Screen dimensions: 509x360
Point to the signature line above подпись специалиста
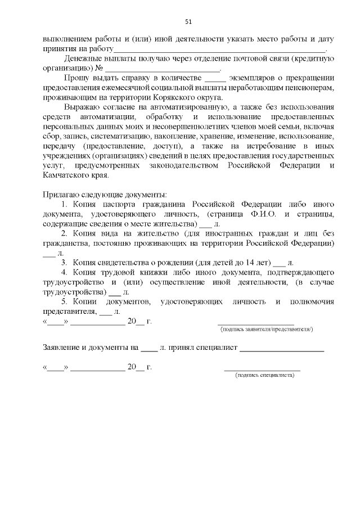pos(262,370)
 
